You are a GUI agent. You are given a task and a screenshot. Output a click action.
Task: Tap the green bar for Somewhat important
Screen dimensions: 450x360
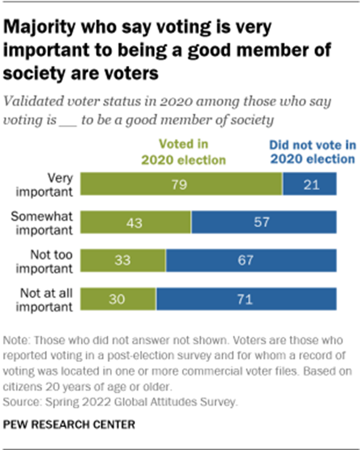(x=136, y=222)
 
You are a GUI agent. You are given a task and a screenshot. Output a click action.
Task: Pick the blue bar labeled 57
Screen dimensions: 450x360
(x=264, y=222)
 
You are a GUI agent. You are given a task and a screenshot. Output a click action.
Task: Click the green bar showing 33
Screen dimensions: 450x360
(x=123, y=260)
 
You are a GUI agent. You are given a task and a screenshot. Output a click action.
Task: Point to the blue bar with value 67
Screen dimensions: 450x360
(x=251, y=260)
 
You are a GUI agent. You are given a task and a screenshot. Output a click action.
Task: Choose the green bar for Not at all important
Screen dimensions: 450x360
(x=118, y=299)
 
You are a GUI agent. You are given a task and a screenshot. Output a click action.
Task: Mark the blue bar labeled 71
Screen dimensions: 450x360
(x=246, y=299)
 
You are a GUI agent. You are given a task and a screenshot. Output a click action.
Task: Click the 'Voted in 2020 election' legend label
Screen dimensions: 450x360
(x=183, y=152)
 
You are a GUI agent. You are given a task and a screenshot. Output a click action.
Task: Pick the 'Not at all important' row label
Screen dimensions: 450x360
(x=48, y=299)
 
